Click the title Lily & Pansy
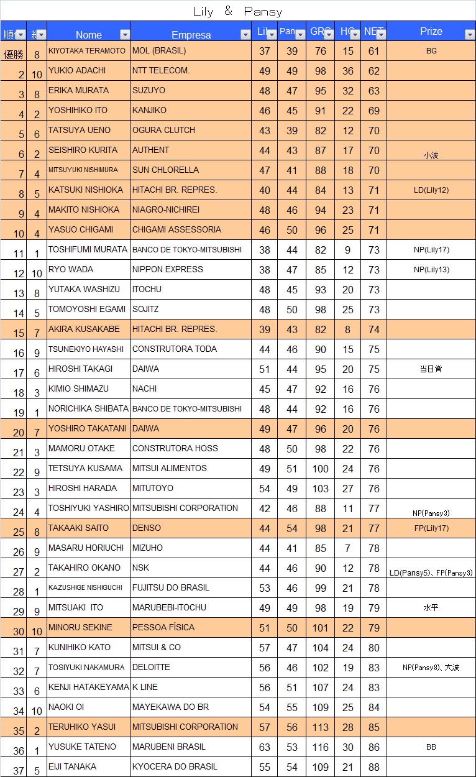(x=237, y=11)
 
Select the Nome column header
(x=88, y=35)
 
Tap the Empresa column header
(x=191, y=35)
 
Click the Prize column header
(x=431, y=32)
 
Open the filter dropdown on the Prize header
(x=469, y=35)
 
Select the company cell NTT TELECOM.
(x=161, y=71)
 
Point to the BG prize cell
(x=431, y=51)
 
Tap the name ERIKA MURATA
(x=78, y=91)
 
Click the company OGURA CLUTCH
(x=163, y=131)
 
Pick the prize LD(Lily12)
(x=431, y=190)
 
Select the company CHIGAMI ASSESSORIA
(x=176, y=230)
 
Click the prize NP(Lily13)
(x=431, y=270)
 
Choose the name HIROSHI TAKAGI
(x=80, y=369)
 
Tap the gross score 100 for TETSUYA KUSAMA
(x=320, y=469)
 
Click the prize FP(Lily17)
(x=431, y=528)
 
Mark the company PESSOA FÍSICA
(x=163, y=628)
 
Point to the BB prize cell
(x=431, y=747)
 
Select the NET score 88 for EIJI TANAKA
(x=373, y=767)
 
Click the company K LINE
(x=145, y=687)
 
